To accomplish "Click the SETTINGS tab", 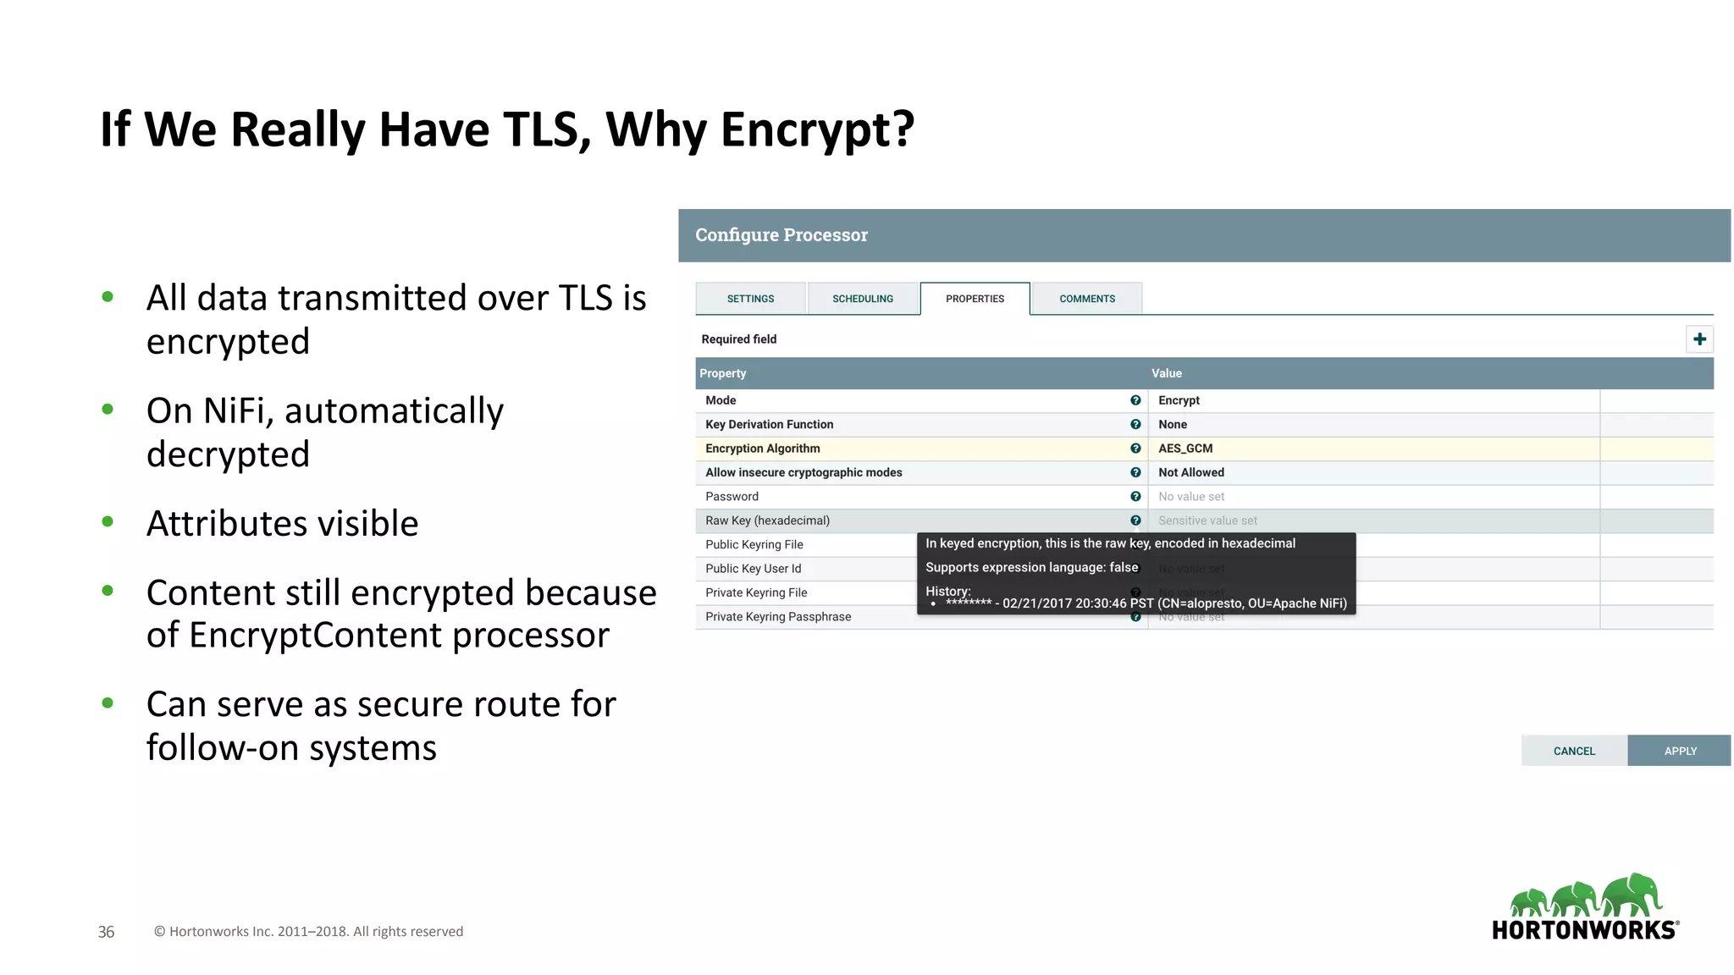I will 750,299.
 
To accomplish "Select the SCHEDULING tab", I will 862,299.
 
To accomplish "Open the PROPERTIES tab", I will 975,299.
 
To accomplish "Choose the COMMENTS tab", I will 1087,299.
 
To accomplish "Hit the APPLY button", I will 1680,751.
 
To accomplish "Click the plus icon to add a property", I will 1699,339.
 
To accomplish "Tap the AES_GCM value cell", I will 1185,449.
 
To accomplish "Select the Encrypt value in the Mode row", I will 1179,400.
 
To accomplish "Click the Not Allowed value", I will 1190,472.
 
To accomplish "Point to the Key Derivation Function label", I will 769,425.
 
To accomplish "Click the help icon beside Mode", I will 1135,400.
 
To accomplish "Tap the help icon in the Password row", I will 1135,497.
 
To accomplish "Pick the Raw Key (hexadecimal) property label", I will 767,521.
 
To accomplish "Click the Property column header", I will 723,373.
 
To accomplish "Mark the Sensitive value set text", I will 1207,521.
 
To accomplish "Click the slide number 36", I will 106,932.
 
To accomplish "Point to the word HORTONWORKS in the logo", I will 1584,930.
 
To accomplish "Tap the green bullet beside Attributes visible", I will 108,522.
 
